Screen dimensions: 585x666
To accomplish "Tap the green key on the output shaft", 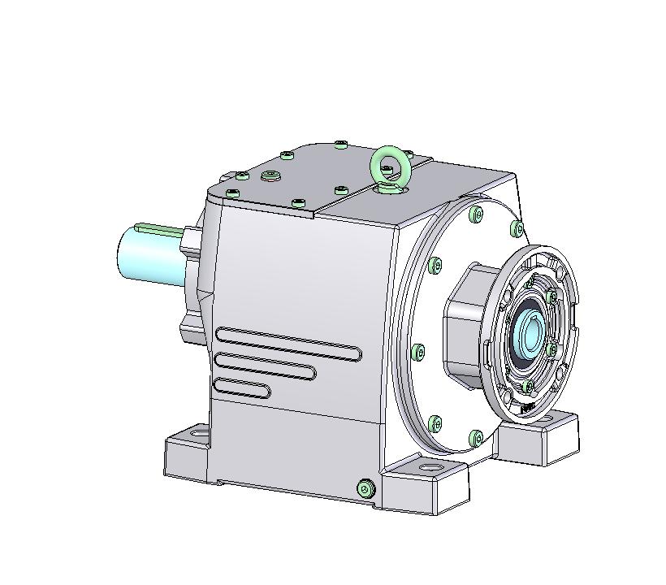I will point(158,228).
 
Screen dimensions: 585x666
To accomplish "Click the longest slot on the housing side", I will point(288,343).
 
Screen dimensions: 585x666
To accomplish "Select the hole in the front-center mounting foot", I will point(426,470).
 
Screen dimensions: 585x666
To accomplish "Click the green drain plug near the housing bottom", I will point(365,487).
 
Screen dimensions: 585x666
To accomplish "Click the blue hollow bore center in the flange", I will point(529,333).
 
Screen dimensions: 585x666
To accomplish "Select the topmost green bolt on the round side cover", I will point(476,214).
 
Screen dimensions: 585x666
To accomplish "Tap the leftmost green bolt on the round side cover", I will point(418,352).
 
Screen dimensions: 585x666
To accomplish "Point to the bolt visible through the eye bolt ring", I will point(387,169).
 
